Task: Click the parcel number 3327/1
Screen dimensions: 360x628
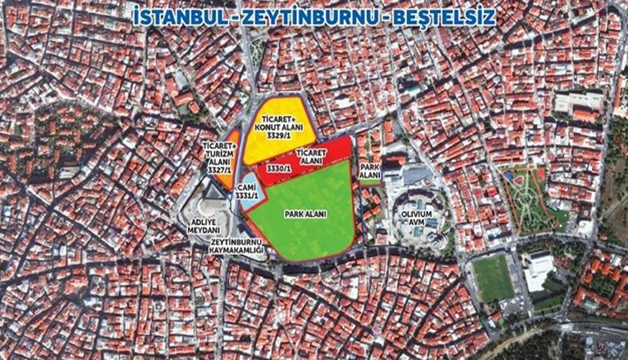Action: [218, 170]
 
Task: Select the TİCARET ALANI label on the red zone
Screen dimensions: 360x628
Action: [314, 155]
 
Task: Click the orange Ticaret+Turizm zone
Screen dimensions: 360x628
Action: [232, 144]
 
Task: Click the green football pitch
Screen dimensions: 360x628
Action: [493, 277]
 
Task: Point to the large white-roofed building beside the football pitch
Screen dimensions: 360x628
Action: [538, 270]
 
